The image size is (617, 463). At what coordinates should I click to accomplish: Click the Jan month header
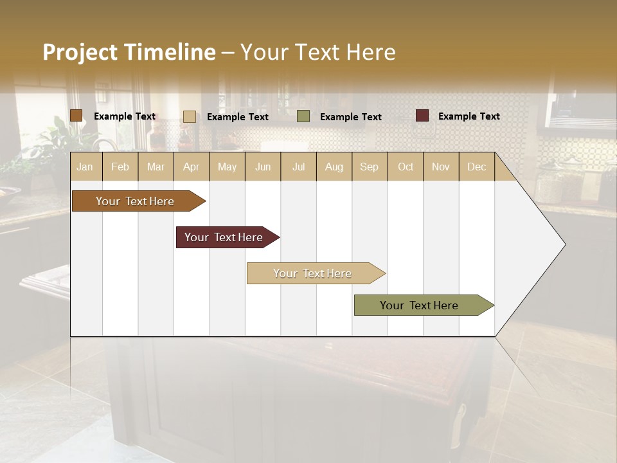point(85,167)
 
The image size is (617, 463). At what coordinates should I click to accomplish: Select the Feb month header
point(120,167)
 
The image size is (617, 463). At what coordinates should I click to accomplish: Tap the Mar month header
point(156,167)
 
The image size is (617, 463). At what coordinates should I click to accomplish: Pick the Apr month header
point(192,167)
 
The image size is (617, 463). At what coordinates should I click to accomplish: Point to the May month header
point(227,167)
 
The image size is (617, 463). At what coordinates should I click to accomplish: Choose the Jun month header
point(263,167)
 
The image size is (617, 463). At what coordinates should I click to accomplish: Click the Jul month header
point(298,167)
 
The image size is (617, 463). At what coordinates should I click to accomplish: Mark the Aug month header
point(334,167)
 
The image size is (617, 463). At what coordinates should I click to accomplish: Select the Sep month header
point(370,167)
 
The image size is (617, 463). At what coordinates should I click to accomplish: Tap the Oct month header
point(406,167)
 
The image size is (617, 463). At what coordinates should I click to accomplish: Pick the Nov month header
point(441,167)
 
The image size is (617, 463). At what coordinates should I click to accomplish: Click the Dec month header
point(477,167)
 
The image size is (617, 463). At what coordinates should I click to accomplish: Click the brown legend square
point(76,116)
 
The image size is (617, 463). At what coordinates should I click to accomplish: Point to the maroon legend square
point(422,116)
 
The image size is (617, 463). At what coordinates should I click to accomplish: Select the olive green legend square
point(303,116)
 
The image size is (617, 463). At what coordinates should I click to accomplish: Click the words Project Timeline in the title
point(129,52)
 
